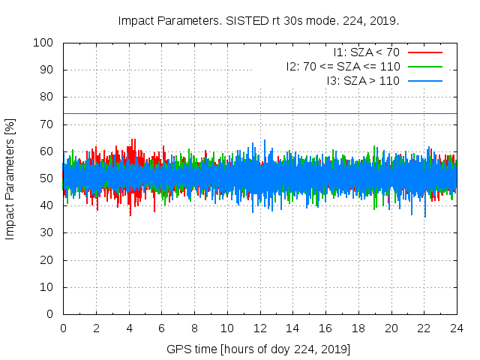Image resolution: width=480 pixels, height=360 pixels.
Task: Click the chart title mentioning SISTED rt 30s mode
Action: point(258,20)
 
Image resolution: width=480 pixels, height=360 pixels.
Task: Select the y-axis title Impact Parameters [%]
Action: point(10,178)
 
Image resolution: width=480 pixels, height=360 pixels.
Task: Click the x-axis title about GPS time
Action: point(259,349)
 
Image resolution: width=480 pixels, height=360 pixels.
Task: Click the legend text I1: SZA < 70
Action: point(366,52)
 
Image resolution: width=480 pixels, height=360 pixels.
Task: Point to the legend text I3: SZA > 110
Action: point(363,80)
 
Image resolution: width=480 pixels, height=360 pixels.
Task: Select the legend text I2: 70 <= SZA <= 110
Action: point(343,66)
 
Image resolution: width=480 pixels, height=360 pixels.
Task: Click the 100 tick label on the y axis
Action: point(43,43)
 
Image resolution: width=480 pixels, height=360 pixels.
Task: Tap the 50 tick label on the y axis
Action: point(46,178)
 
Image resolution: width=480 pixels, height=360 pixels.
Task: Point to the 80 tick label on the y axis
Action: point(46,97)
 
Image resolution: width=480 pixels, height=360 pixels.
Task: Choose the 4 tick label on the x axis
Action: point(129,328)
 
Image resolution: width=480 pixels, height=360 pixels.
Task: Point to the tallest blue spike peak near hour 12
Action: point(264,140)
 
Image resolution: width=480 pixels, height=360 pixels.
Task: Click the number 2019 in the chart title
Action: point(383,20)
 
